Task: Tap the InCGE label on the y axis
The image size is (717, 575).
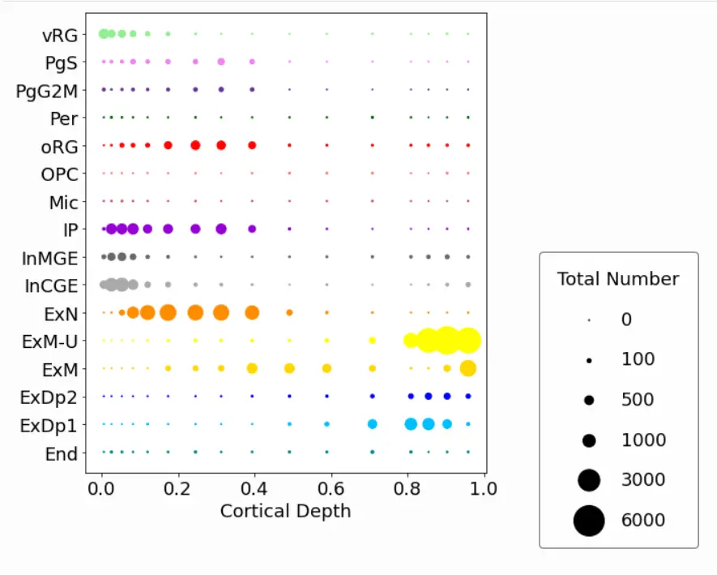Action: (x=51, y=285)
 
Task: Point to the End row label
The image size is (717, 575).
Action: (x=62, y=454)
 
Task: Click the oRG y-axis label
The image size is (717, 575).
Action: (x=60, y=146)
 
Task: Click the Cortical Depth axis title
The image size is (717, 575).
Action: (x=285, y=511)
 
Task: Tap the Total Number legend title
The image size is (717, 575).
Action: (x=618, y=279)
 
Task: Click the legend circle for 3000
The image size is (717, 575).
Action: (x=589, y=480)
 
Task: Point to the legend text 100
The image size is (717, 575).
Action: (x=638, y=359)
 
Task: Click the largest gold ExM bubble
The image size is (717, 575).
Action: (x=467, y=368)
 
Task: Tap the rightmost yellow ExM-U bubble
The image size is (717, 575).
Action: (x=467, y=341)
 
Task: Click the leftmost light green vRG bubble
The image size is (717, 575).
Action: (x=103, y=33)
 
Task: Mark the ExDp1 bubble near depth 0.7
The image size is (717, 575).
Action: (x=372, y=424)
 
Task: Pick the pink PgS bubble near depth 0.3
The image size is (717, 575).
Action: (x=221, y=62)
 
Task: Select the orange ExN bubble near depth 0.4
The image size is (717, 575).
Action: (x=252, y=312)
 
